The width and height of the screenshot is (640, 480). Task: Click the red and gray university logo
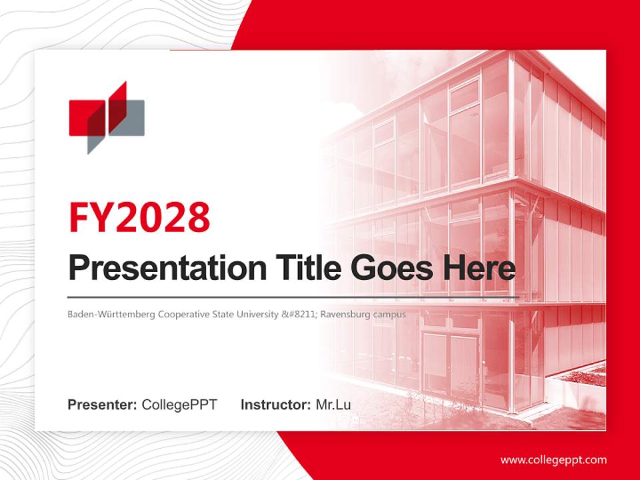107,117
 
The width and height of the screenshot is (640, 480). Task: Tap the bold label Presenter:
103,405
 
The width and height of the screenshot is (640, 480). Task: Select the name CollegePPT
179,405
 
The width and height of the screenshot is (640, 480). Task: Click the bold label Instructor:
275,405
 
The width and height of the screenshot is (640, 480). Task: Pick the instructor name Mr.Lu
333,405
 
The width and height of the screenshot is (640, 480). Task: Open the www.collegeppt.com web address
553,459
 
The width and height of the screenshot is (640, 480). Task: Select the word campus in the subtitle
391,314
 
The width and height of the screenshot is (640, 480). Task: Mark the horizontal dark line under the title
293,297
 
